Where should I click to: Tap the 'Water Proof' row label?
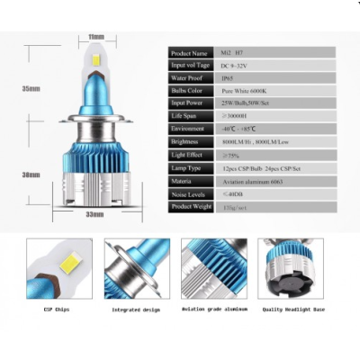(x=189, y=79)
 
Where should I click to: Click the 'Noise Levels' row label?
(x=189, y=194)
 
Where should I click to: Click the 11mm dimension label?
(x=96, y=37)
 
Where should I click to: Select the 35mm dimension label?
(x=30, y=88)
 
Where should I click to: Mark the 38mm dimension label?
(x=30, y=174)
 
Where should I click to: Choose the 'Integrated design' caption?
(x=135, y=310)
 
